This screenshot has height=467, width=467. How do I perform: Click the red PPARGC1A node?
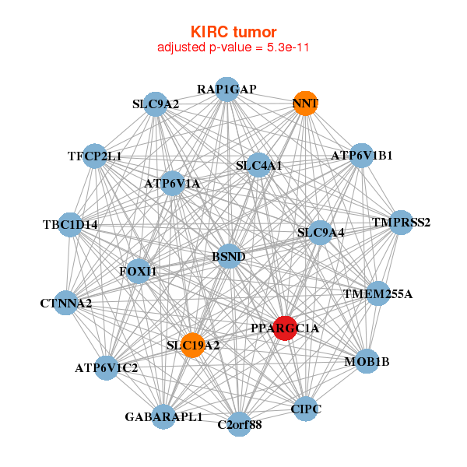(285, 328)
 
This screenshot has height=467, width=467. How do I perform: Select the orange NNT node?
(305, 104)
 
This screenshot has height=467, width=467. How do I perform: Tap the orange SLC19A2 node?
(192, 345)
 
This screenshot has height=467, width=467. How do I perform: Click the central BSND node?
(229, 256)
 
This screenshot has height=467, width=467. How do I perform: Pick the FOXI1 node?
(139, 271)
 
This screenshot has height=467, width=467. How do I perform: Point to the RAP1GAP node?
(226, 90)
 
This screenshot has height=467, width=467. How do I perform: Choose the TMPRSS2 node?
(400, 223)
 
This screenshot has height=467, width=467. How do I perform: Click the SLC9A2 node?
(156, 104)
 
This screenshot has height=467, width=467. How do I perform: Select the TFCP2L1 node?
(94, 156)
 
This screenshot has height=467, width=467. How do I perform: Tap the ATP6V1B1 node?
(361, 156)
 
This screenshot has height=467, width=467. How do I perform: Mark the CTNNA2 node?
(66, 302)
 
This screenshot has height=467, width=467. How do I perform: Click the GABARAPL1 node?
(163, 416)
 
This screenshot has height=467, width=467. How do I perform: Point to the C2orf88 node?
(240, 424)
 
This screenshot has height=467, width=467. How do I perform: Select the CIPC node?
(305, 409)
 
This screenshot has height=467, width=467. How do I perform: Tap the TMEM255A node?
(377, 294)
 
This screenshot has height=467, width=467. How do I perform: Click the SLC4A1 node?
(259, 165)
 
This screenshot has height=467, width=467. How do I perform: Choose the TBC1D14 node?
(71, 225)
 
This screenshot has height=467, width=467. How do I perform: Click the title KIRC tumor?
(233, 32)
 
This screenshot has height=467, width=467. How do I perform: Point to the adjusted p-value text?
(233, 47)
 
